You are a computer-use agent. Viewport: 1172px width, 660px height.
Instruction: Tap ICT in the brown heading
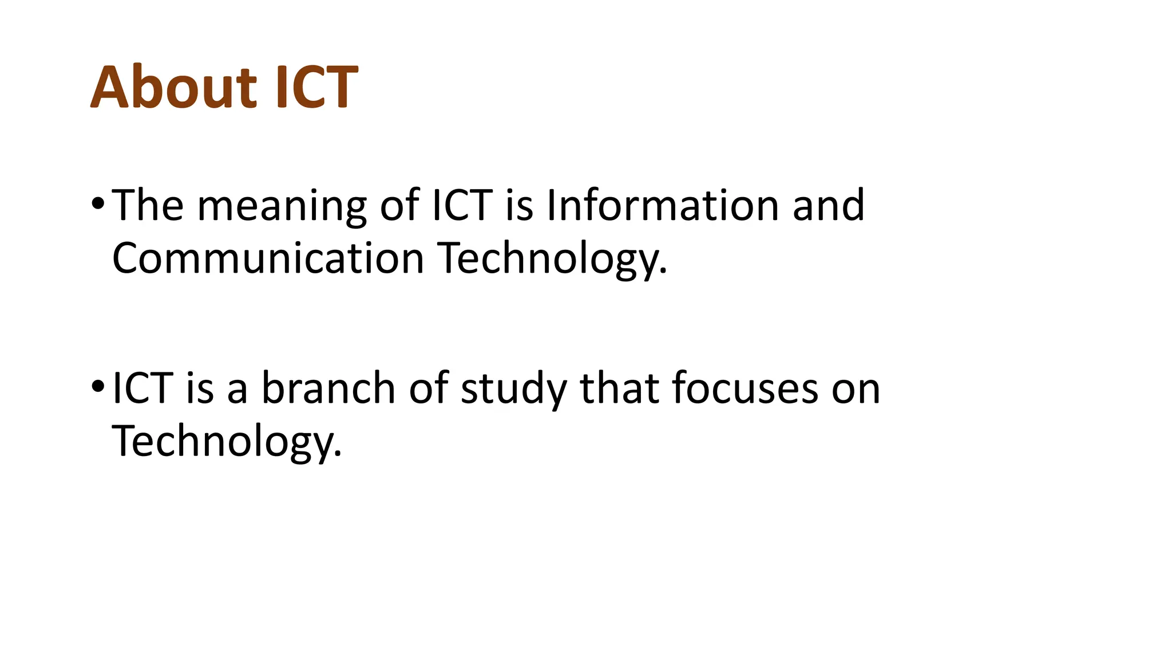click(316, 87)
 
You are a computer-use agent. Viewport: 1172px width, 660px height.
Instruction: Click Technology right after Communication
click(552, 259)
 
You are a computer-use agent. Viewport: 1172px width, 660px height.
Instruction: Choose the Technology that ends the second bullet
click(227, 441)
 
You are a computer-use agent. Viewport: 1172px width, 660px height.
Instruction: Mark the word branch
click(328, 388)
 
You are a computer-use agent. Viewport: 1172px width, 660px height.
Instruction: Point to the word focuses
click(745, 388)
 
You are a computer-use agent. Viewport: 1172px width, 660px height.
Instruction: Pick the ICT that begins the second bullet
click(142, 388)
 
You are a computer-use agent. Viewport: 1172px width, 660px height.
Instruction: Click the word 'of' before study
click(428, 388)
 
